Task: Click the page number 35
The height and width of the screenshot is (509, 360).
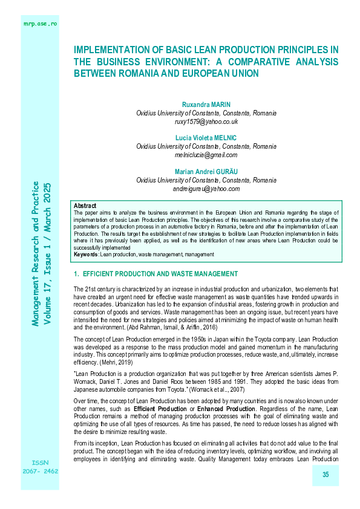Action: coord(325,475)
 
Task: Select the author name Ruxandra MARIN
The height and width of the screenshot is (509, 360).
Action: coord(206,104)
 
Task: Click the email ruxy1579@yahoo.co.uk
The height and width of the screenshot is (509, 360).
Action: coord(206,122)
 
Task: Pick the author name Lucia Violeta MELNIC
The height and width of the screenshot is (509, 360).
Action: coord(206,138)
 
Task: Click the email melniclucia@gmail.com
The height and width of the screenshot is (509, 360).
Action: coord(206,155)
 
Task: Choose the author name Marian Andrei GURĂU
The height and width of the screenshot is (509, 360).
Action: coord(206,172)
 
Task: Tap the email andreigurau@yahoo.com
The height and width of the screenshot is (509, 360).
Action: coord(206,189)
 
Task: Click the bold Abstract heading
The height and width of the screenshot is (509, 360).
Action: coord(84,206)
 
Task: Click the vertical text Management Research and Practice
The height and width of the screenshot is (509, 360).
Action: coord(36,254)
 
